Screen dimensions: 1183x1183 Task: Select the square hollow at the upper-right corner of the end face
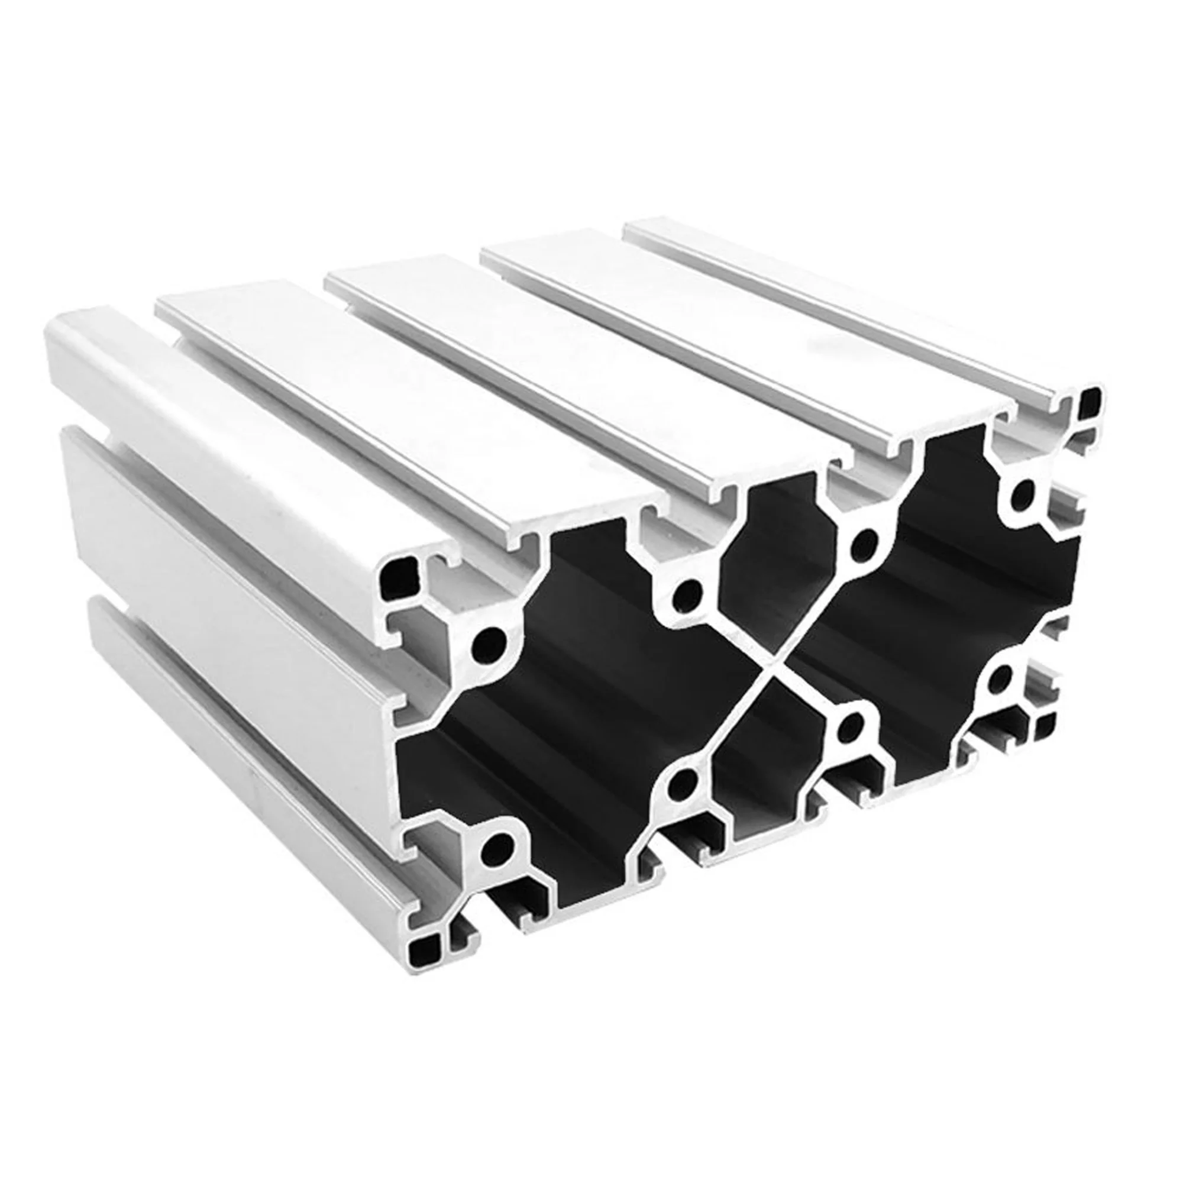click(x=1091, y=401)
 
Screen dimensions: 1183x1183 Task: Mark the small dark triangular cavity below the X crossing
click(x=765, y=765)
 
